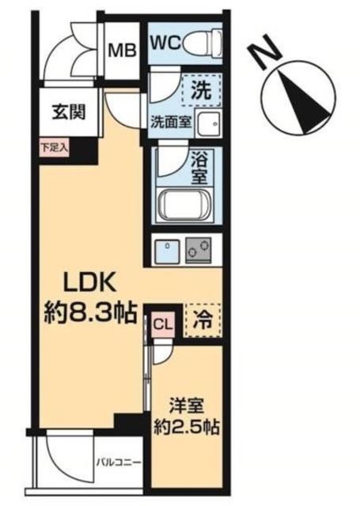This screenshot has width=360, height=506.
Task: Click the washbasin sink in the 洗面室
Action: coord(207,123)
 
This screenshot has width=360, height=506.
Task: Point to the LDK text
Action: coord(90,281)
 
